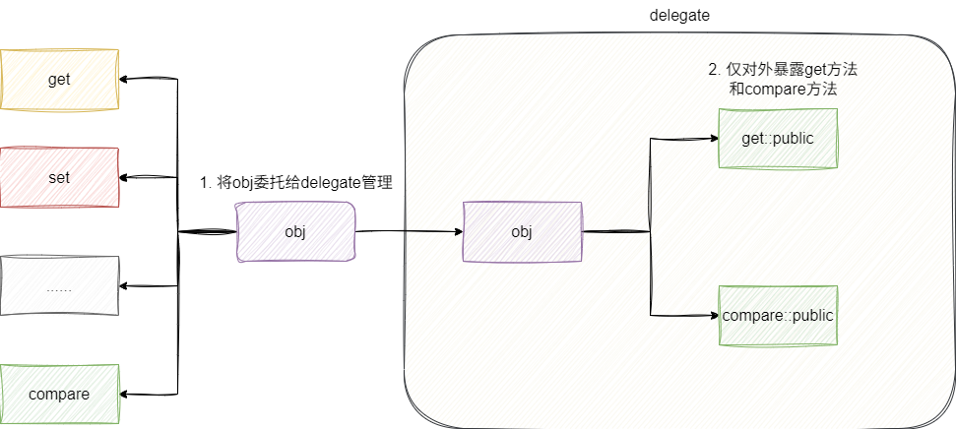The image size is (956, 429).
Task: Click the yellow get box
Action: click(x=59, y=79)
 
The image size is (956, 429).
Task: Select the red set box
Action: click(x=59, y=177)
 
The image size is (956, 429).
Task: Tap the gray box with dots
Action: click(x=59, y=285)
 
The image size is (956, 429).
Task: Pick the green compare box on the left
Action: click(x=59, y=394)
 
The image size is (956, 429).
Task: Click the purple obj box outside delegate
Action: click(x=295, y=232)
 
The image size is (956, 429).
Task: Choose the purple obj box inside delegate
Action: click(x=522, y=232)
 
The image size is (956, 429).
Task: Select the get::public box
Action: click(x=778, y=138)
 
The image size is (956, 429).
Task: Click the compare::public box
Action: click(x=778, y=315)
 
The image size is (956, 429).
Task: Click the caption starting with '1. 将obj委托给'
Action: click(x=295, y=182)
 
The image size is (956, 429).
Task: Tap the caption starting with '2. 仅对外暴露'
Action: click(x=778, y=80)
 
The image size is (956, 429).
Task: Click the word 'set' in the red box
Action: click(x=59, y=177)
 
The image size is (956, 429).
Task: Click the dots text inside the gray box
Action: click(x=59, y=286)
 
